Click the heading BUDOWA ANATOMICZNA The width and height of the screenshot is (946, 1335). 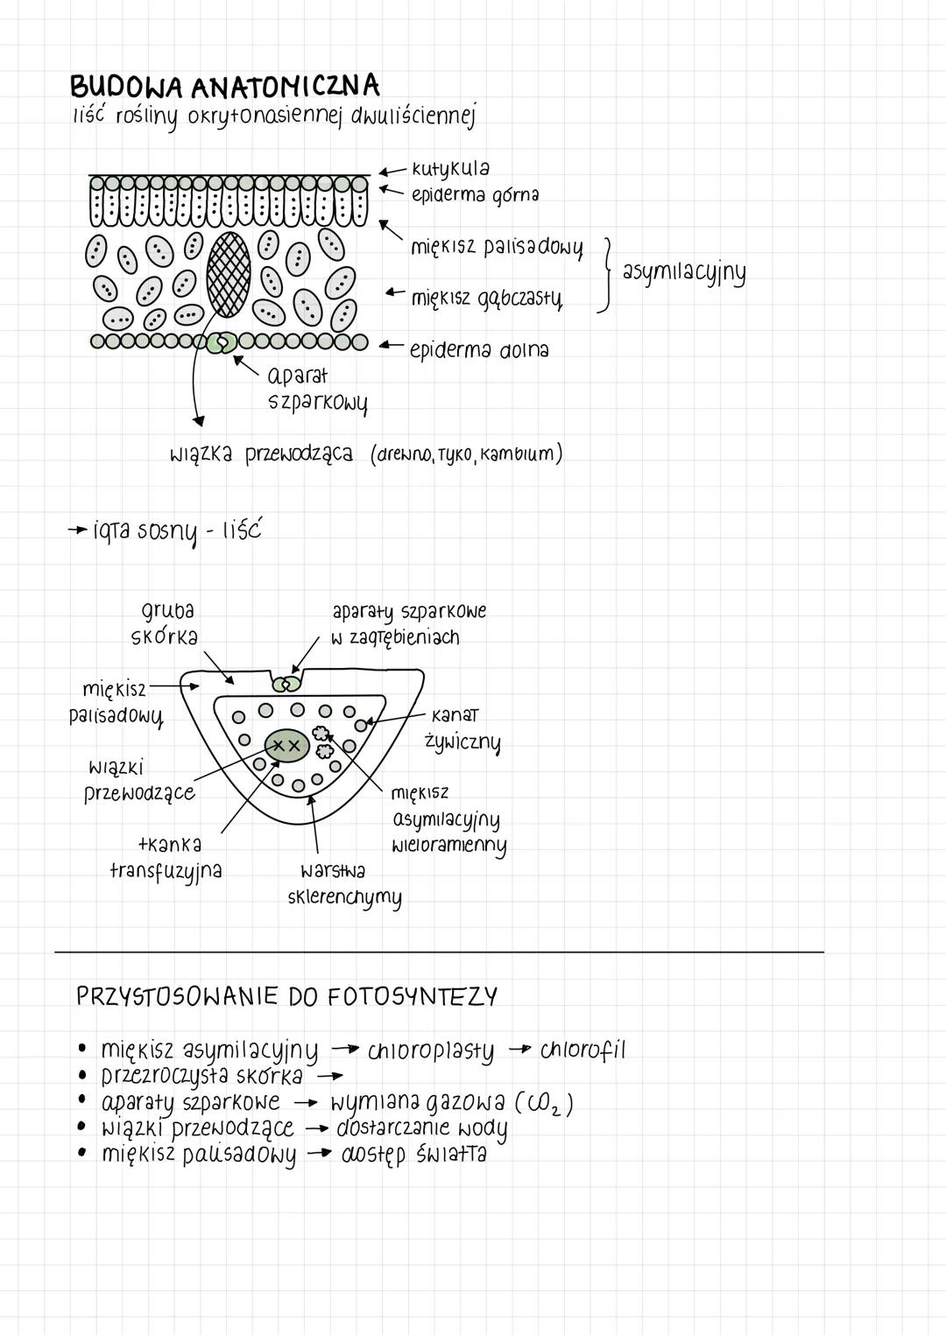point(224,88)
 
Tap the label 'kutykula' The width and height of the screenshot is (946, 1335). point(450,168)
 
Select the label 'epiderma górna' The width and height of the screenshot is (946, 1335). point(475,194)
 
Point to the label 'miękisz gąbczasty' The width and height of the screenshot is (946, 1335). point(487,299)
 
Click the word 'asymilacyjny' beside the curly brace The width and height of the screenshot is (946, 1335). point(684,272)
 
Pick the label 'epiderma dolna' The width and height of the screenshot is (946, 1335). point(479,350)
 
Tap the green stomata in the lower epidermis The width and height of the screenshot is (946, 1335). point(222,342)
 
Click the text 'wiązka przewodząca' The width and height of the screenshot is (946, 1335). point(261,455)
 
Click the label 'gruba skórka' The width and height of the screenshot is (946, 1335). point(166,623)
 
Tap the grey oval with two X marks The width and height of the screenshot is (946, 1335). point(285,745)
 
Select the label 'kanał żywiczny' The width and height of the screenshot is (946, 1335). point(462,729)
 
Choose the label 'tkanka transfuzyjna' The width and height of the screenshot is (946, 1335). point(166,858)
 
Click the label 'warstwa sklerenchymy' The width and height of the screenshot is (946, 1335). point(344,884)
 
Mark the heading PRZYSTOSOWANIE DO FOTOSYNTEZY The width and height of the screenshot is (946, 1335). point(286,997)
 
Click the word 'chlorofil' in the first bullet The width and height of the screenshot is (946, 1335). point(582,1050)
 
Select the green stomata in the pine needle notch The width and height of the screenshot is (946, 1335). point(286,683)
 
